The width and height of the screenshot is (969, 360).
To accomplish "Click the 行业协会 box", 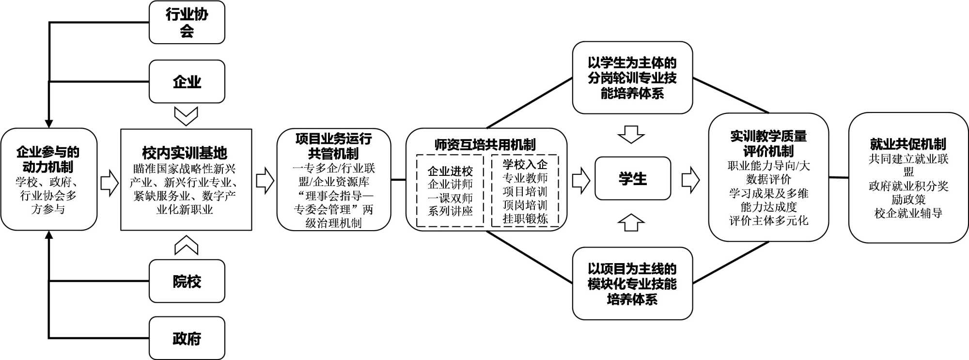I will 187,22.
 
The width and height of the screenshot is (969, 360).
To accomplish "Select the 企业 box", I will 187,81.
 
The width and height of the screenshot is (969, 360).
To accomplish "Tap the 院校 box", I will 187,281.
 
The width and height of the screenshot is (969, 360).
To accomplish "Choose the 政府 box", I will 187,338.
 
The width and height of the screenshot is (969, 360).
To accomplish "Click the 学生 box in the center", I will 632,178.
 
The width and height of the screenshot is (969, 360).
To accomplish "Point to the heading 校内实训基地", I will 185,153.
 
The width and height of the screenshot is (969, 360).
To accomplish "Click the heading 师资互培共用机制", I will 485,144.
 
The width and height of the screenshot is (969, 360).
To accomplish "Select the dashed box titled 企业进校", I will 450,190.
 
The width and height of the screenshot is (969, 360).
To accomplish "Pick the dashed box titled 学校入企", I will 525,190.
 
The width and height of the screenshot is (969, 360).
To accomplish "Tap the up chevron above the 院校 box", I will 186,245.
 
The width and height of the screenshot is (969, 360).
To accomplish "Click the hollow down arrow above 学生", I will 632,134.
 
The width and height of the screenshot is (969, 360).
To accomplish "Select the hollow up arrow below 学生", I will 632,222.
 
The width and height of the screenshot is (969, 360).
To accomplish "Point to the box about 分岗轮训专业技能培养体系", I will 632,78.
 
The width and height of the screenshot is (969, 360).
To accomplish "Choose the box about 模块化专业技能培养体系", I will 632,283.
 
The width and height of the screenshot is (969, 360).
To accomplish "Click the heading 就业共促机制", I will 908,144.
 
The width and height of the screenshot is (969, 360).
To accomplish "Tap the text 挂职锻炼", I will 525,219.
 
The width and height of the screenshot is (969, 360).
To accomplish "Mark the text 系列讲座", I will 450,211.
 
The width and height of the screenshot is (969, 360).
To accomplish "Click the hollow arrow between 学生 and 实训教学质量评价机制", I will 690,180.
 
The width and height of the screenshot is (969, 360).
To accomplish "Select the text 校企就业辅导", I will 908,213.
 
